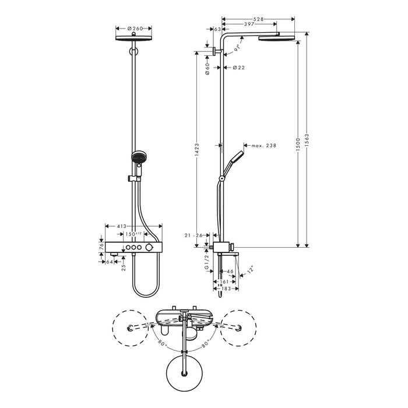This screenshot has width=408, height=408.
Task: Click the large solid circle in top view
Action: click(x=185, y=371)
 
